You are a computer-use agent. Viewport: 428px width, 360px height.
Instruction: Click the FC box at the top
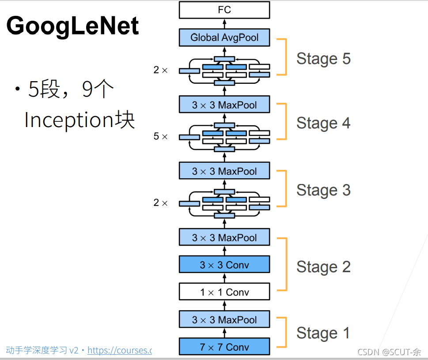pyautogui.click(x=224, y=10)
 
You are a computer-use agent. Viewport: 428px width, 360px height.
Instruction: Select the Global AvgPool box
pyautogui.click(x=224, y=37)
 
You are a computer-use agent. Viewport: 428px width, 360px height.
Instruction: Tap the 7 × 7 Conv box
pyautogui.click(x=224, y=347)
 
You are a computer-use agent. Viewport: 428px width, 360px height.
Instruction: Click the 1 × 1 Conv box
pyautogui.click(x=224, y=292)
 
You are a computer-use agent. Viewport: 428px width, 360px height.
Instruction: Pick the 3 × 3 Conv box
pyautogui.click(x=224, y=265)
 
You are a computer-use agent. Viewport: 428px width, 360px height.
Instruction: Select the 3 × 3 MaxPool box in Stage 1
pyautogui.click(x=224, y=319)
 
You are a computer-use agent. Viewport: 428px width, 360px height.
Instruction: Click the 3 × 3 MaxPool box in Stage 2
pyautogui.click(x=224, y=237)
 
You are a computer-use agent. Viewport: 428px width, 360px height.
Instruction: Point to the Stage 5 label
pyautogui.click(x=323, y=58)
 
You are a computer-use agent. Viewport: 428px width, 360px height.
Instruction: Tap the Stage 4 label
pyautogui.click(x=323, y=123)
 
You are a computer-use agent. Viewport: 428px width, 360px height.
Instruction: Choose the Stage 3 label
pyautogui.click(x=323, y=190)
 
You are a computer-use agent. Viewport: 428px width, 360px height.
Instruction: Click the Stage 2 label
pyautogui.click(x=323, y=266)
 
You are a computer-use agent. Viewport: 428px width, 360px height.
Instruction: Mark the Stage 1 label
pyautogui.click(x=323, y=333)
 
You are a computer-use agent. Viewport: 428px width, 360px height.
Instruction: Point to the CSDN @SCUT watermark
pyautogui.click(x=389, y=352)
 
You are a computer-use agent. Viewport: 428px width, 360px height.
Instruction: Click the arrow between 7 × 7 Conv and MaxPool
pyautogui.click(x=224, y=333)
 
